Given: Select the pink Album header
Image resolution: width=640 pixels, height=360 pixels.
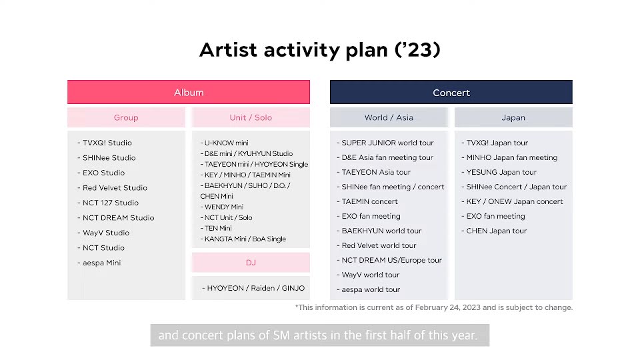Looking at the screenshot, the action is [189, 92].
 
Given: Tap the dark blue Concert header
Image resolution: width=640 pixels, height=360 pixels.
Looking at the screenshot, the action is [451, 92].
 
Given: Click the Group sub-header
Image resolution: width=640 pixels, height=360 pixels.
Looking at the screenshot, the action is [126, 117].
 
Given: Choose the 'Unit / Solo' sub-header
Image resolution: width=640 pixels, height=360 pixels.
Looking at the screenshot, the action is [251, 117].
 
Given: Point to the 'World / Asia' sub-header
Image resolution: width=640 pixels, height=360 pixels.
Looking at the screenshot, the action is [389, 117].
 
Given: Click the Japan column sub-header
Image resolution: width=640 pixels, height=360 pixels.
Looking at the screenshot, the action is [513, 117].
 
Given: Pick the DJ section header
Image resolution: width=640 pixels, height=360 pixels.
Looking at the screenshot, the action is [251, 263].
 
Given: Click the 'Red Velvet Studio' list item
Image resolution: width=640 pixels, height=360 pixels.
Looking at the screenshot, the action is [115, 188].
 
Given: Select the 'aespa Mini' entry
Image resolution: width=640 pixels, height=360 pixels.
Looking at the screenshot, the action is [101, 263].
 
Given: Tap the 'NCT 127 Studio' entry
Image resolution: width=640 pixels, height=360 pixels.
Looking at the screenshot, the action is [111, 203].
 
